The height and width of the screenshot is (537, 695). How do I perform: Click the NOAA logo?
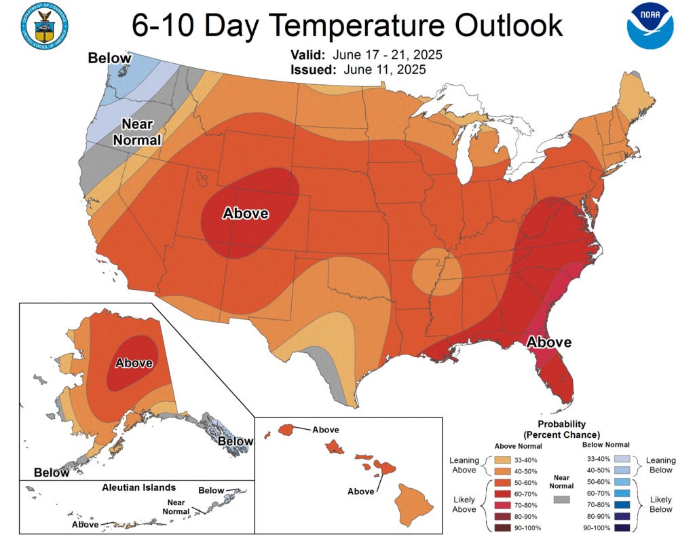[x=650, y=26]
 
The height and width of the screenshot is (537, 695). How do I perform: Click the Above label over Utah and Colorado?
[x=246, y=213]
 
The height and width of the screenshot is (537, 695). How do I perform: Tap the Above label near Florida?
[x=549, y=341]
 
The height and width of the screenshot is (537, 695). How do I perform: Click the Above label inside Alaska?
[x=134, y=363]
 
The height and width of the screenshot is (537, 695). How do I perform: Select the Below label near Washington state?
[x=109, y=58]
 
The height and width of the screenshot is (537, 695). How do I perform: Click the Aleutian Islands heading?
[x=139, y=487]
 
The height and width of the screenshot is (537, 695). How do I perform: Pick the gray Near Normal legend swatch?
[x=562, y=500]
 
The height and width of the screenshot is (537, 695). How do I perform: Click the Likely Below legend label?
[x=660, y=504]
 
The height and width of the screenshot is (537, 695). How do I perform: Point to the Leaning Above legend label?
[x=464, y=465]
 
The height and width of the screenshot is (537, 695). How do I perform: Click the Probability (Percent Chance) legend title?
[x=561, y=430]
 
